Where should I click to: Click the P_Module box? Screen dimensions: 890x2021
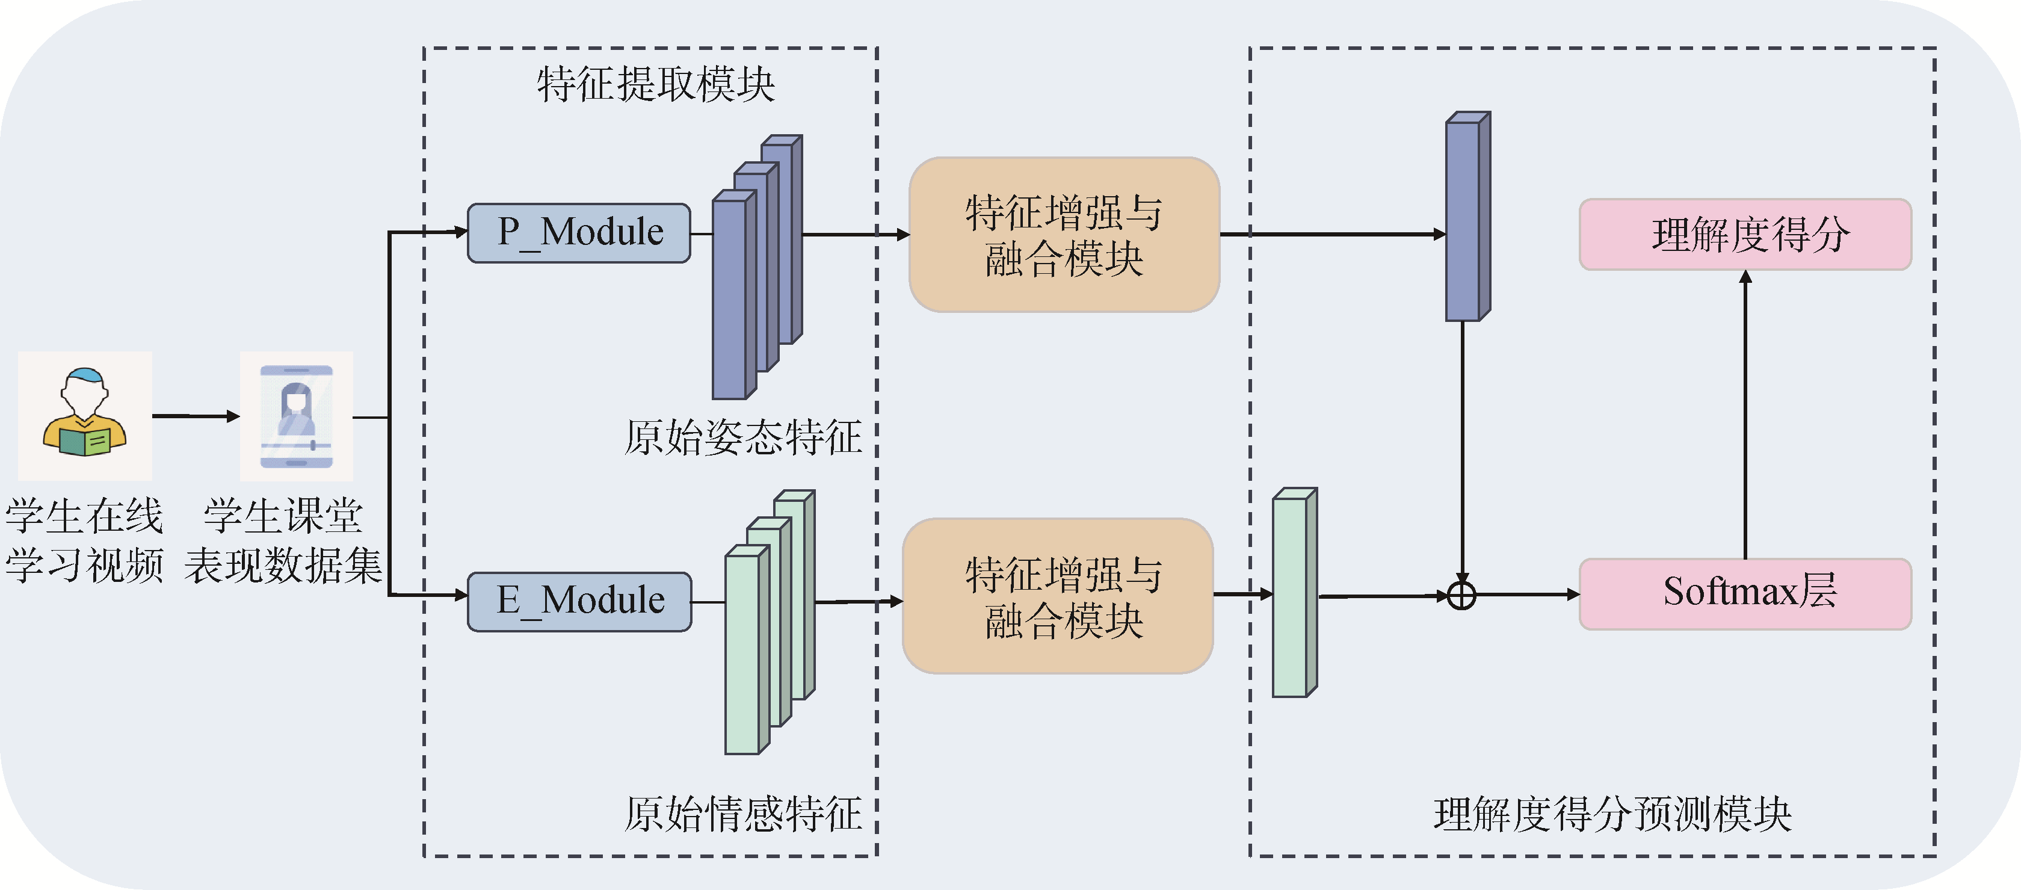[579, 233]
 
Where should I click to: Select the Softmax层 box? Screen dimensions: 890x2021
[1745, 594]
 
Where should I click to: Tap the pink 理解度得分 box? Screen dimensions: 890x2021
[1745, 235]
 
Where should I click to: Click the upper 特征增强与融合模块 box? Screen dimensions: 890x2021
[1064, 235]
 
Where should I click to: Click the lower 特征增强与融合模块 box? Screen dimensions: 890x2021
[1058, 596]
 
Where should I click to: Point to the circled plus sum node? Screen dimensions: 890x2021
[1461, 596]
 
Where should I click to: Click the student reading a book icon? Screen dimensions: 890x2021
[85, 415]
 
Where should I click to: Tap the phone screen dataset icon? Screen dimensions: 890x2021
[297, 416]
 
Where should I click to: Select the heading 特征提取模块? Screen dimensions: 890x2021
[655, 84]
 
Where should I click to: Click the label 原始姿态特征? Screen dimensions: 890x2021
[743, 437]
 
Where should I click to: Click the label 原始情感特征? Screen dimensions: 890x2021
[743, 814]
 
